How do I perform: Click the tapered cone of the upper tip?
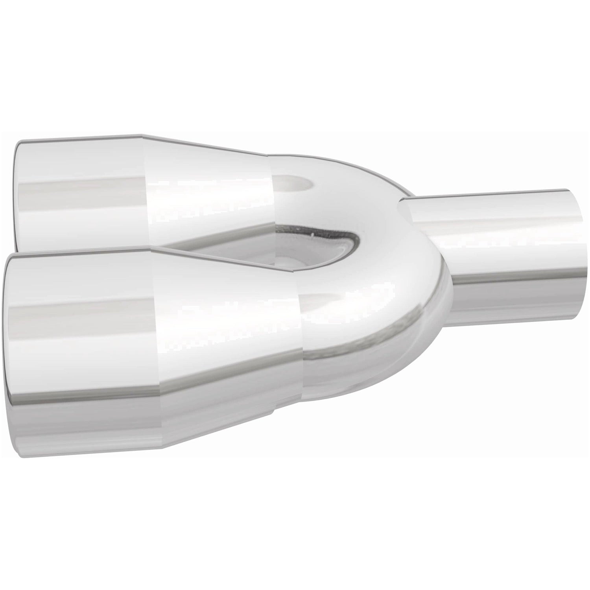coord(208,189)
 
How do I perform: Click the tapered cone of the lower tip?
coord(228,346)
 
